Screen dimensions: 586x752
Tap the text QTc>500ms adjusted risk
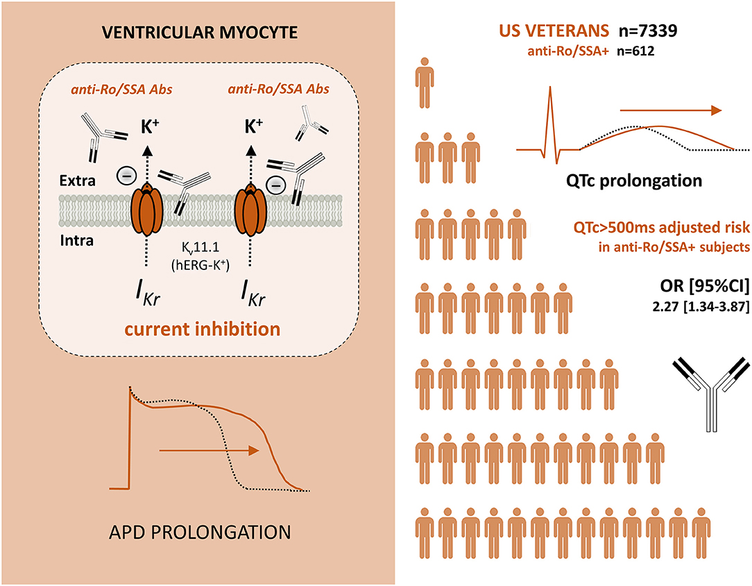tap(646, 226)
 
